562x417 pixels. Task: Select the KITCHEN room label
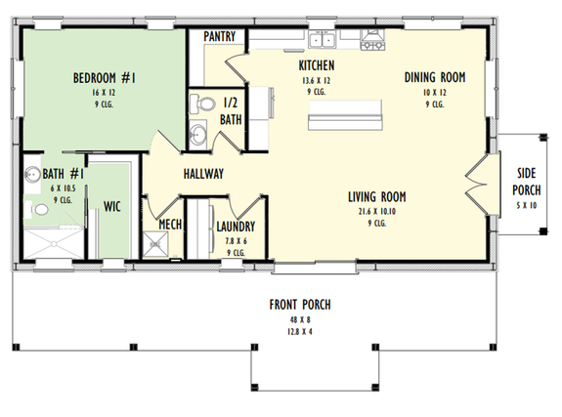[x=316, y=65]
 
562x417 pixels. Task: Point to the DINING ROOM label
[x=435, y=77]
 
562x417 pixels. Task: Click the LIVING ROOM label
[x=376, y=197]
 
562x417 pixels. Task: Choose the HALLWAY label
[x=203, y=174]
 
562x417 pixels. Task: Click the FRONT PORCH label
[x=300, y=305]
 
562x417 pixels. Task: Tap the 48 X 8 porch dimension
[x=300, y=318]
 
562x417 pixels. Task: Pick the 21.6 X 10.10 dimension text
[x=376, y=211]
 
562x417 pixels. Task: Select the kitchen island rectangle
[x=345, y=121]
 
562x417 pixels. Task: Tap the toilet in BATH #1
[x=36, y=208]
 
